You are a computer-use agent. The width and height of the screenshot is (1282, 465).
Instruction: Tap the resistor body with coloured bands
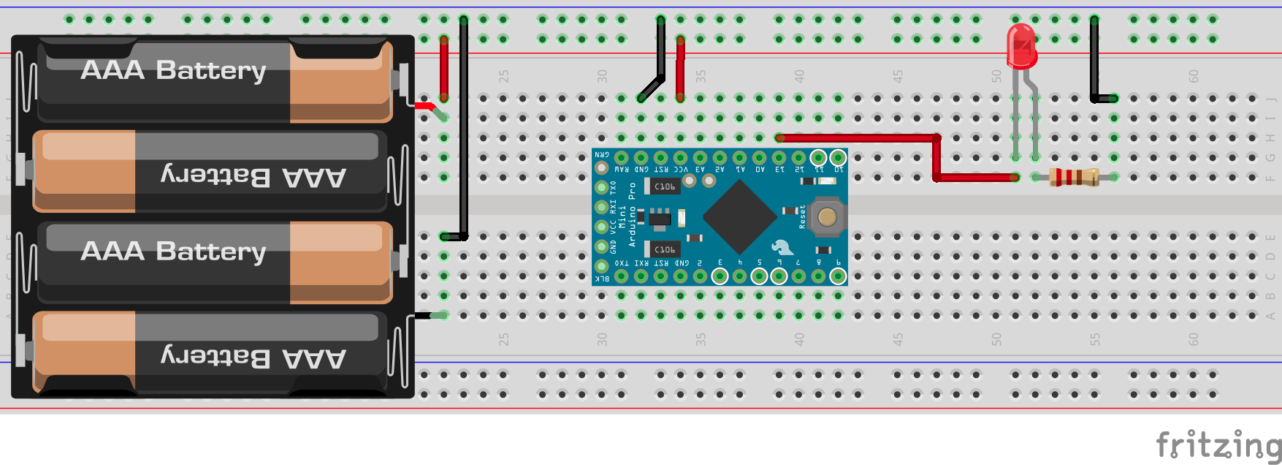[x=1074, y=177]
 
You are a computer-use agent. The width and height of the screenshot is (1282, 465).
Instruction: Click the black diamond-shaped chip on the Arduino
[x=739, y=216]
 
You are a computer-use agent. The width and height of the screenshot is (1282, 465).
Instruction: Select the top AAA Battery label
[x=173, y=70]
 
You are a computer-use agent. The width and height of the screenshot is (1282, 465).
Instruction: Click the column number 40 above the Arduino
[x=799, y=75]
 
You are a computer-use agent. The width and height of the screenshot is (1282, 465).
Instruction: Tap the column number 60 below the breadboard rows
[x=1193, y=339]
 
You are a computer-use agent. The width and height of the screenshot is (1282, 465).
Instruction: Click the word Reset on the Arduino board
[x=802, y=216]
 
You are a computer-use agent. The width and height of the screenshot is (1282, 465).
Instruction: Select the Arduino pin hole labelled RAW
[x=622, y=158]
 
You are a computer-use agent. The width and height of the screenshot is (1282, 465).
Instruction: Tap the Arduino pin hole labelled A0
[x=759, y=158]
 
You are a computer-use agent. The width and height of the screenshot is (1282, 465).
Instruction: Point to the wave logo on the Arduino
[x=782, y=246]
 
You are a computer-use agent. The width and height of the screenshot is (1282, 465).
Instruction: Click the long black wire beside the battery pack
[x=464, y=132]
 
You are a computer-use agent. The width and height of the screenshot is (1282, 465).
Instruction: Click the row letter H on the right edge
[x=1270, y=138]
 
